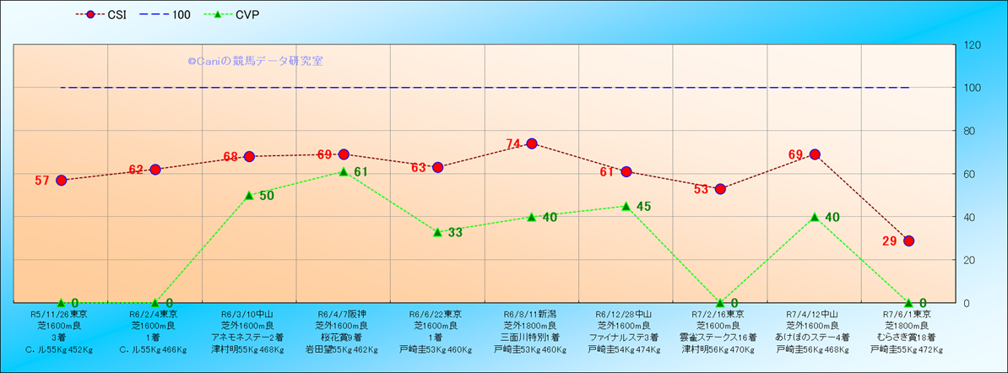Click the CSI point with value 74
coord(532,143)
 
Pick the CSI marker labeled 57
coord(61,181)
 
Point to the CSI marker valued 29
coord(908,241)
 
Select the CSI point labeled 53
coord(720,189)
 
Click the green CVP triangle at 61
coord(344,171)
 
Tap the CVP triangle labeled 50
coord(249,195)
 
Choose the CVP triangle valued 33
coord(437,231)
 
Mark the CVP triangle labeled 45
coord(626,206)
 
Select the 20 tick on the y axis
coord(969,260)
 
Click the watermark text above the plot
coord(255,62)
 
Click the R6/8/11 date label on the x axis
coord(531,314)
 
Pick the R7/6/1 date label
coord(908,314)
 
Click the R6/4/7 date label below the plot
coord(343,314)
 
